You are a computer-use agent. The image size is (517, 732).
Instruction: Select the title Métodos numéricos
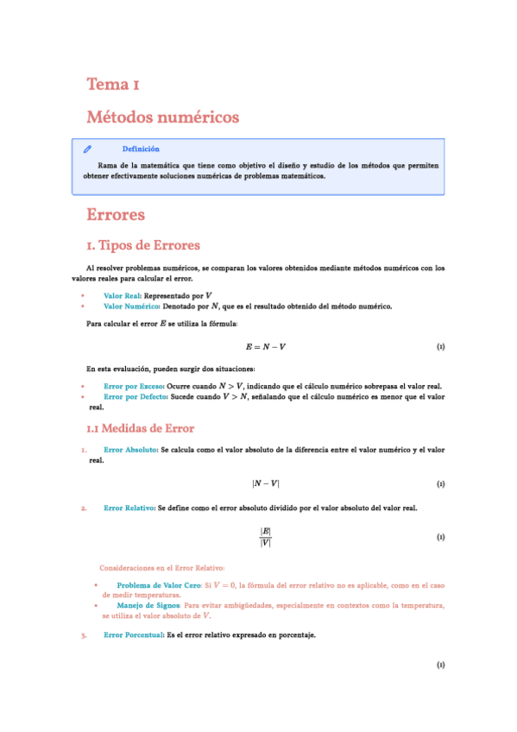(x=162, y=117)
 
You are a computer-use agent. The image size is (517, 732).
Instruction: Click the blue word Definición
(x=141, y=148)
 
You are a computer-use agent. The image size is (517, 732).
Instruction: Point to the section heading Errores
(x=116, y=215)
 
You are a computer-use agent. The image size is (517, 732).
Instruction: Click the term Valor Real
(x=122, y=295)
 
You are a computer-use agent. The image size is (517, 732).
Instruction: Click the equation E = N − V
(x=266, y=347)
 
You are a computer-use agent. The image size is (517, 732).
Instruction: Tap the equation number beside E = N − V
(x=440, y=347)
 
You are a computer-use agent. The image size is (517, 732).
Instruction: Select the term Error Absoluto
(x=130, y=450)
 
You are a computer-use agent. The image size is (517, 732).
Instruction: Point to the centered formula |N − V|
(x=266, y=484)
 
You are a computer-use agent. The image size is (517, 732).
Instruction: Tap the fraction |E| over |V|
(x=266, y=537)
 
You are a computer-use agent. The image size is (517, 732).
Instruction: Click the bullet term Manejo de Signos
(x=148, y=605)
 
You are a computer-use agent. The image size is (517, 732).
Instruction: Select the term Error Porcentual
(x=134, y=635)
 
